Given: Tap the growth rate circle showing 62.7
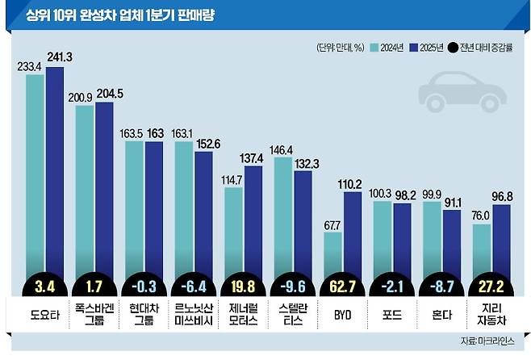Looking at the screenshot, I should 341,286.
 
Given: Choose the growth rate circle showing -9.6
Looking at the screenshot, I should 292,286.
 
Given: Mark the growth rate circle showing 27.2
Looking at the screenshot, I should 491,286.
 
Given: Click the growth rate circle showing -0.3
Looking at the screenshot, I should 144,286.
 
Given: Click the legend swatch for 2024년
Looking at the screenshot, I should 375,48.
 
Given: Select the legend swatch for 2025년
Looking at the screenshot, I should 415,48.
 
